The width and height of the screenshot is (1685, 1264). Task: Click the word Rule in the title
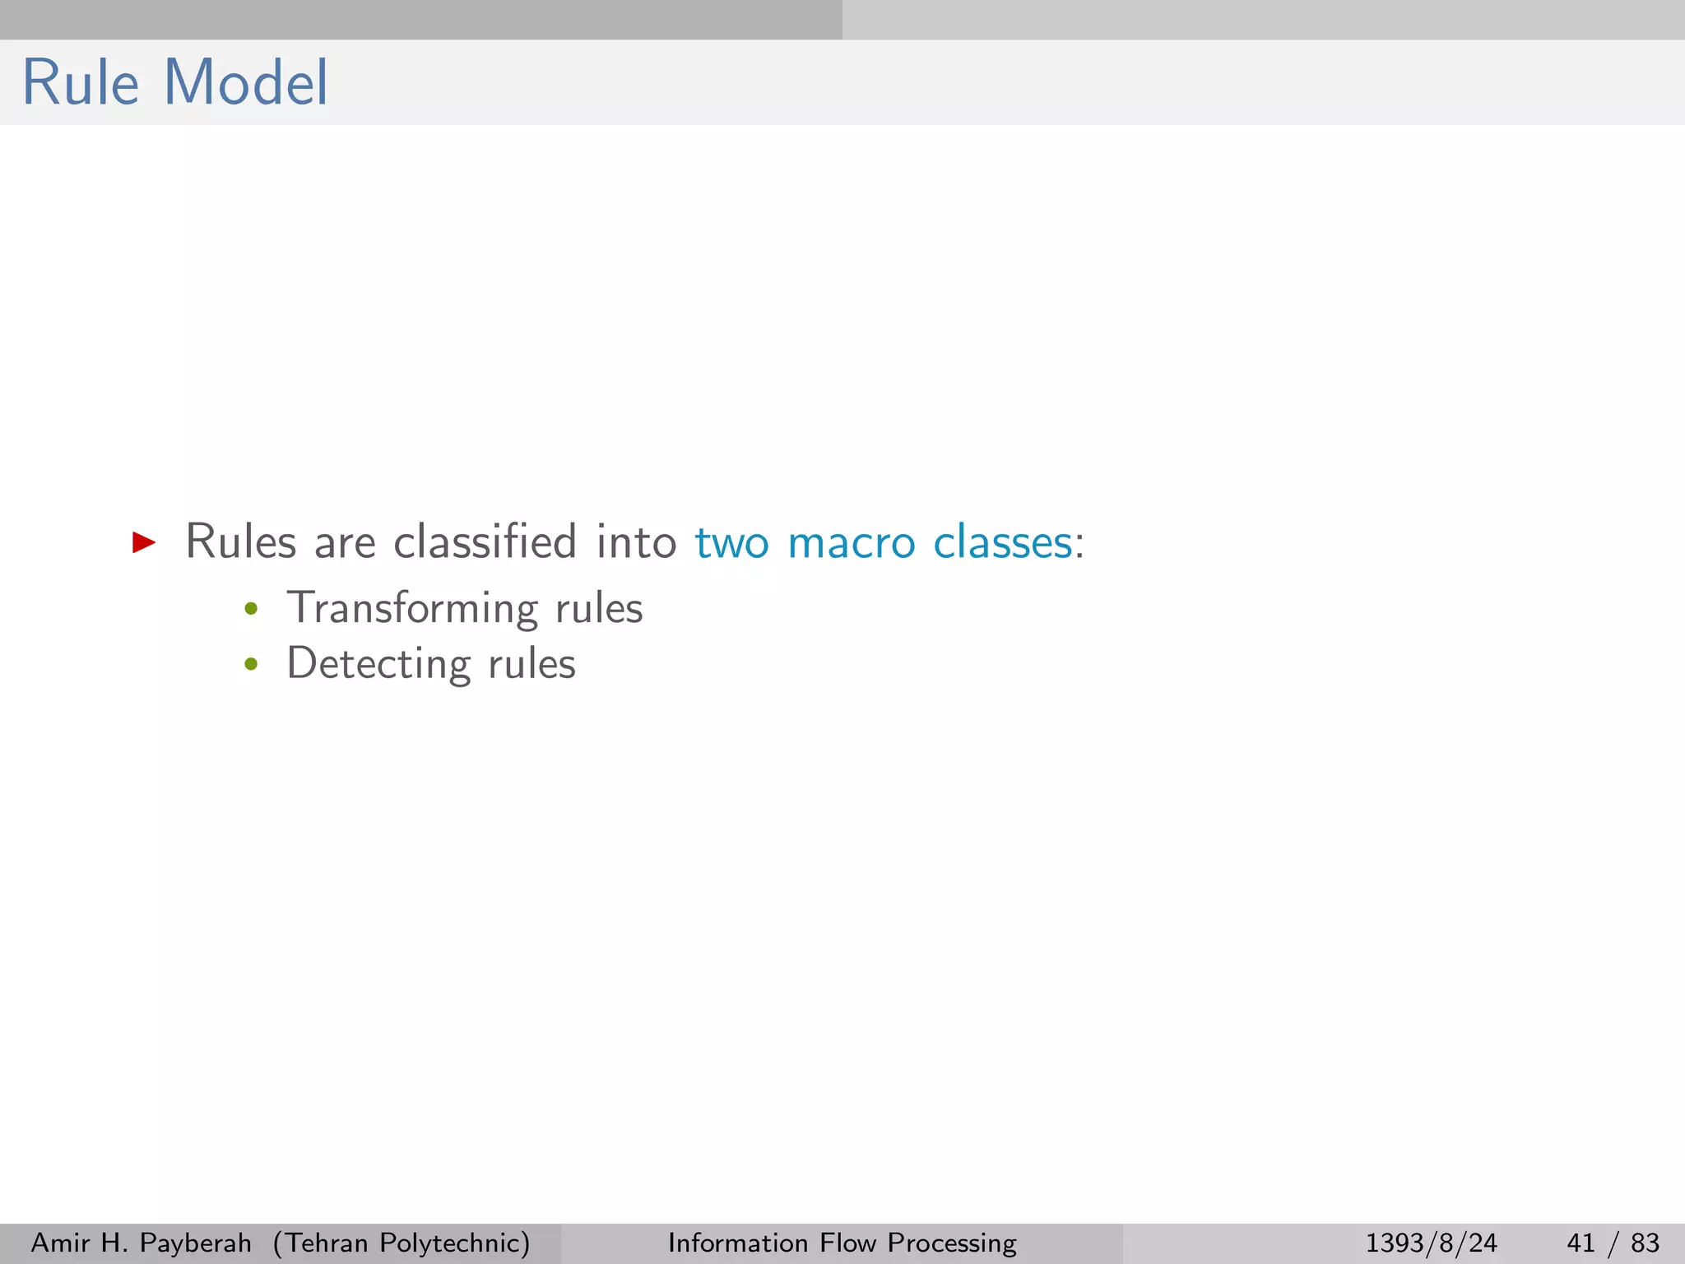(x=81, y=83)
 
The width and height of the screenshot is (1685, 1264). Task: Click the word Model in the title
(x=246, y=83)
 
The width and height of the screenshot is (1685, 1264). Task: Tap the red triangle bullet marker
(x=144, y=541)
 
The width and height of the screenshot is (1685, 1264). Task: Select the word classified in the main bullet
(x=485, y=542)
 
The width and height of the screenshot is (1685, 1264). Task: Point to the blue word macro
(x=851, y=544)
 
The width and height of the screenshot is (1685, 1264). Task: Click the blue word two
(x=732, y=544)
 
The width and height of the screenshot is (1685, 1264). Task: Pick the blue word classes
(x=1002, y=542)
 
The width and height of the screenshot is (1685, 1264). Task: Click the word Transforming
(x=411, y=610)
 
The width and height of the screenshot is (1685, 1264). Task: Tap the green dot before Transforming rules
(x=251, y=610)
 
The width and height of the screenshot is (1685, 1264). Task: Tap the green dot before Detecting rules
(x=251, y=664)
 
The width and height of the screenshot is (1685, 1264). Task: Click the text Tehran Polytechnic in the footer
(x=402, y=1243)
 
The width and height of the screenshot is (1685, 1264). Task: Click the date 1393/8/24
(x=1431, y=1243)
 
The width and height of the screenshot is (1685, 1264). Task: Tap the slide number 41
(x=1581, y=1243)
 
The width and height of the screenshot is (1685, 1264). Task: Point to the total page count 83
(x=1645, y=1243)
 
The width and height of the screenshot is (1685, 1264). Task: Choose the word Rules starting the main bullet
(x=240, y=542)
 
